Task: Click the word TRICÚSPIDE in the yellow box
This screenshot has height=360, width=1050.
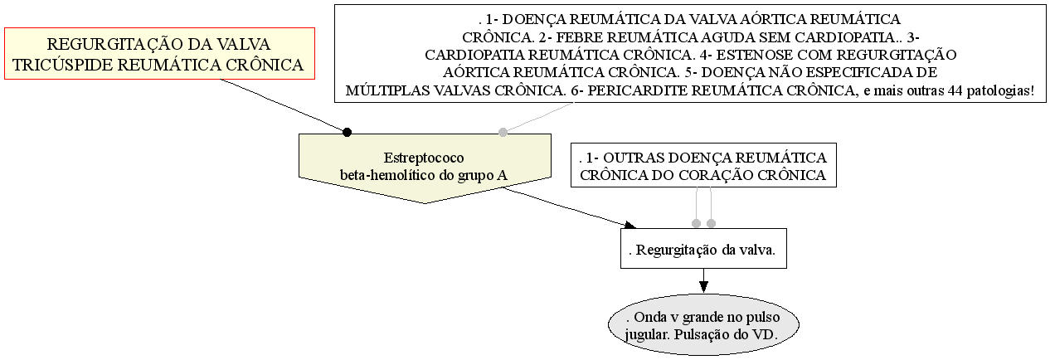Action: [x=63, y=65]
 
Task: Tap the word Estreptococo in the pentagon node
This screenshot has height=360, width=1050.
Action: [x=424, y=158]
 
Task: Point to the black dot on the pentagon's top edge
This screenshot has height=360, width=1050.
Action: [x=347, y=132]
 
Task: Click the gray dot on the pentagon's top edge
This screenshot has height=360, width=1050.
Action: [x=503, y=132]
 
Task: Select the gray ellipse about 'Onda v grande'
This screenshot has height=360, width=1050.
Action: [x=703, y=325]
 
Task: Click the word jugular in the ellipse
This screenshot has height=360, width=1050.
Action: [x=641, y=334]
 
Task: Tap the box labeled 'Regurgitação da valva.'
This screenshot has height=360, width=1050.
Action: [x=703, y=249]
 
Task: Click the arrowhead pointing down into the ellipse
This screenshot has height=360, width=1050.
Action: [x=703, y=287]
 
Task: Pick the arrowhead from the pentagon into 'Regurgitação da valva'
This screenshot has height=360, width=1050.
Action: [x=630, y=225]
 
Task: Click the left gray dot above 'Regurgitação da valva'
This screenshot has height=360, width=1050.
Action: [x=697, y=223]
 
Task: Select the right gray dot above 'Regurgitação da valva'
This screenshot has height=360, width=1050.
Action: [x=711, y=223]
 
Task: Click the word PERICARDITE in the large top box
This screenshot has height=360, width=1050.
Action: [x=637, y=90]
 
